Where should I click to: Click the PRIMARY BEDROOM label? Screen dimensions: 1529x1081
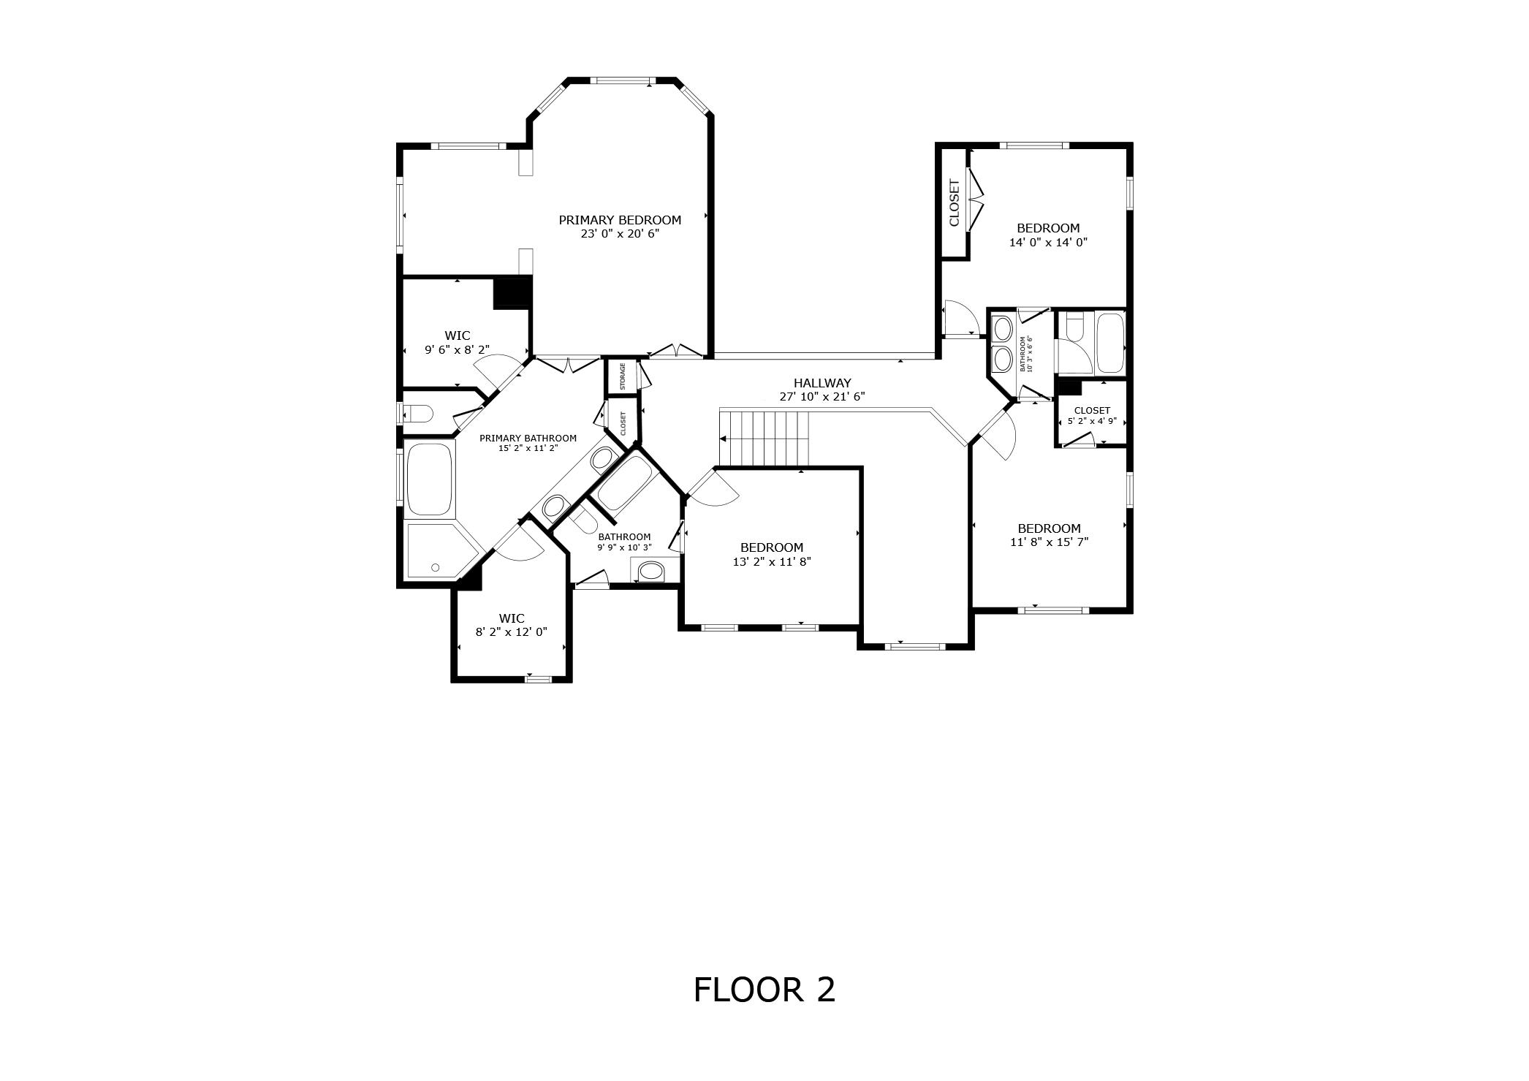coord(620,220)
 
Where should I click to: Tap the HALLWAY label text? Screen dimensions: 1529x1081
coord(822,383)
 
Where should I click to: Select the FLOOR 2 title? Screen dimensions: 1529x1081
coord(764,990)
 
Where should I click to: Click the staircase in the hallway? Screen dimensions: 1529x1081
coord(764,437)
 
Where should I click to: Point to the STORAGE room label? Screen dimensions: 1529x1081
coord(623,376)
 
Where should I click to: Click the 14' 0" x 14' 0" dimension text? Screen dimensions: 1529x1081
coord(1048,242)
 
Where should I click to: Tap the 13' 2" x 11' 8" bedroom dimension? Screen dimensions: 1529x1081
coord(772,561)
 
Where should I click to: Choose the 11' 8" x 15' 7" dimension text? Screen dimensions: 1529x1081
coord(1049,542)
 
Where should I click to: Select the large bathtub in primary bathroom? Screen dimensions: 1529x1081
coord(430,479)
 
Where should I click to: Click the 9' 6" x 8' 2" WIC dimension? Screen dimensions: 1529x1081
coord(458,350)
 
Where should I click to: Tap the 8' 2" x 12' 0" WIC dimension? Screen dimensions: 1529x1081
coord(512,632)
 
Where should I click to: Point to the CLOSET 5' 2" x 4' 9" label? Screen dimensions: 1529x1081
coord(1092,415)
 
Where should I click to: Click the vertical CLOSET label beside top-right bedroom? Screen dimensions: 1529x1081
coord(954,202)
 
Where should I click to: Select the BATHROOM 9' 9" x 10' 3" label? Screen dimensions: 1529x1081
coord(624,542)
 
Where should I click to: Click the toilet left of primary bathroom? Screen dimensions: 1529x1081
coord(419,414)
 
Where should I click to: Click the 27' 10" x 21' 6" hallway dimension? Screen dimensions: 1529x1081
coord(822,398)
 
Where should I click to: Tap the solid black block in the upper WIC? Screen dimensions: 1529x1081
coord(512,293)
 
